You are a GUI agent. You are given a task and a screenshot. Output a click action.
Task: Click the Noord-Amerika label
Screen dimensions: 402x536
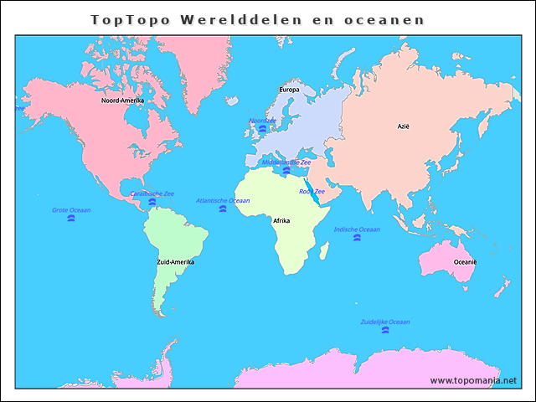coord(122,100)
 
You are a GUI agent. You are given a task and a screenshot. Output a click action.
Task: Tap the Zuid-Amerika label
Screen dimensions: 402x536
coord(175,262)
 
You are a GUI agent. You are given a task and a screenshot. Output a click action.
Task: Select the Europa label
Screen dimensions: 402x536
coord(289,89)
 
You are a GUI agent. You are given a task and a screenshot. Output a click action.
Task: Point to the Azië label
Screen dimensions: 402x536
coord(404,126)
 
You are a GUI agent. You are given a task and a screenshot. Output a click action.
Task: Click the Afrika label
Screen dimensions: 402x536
coord(281,220)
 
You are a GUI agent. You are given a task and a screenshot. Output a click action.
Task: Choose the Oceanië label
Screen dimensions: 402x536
coord(466,262)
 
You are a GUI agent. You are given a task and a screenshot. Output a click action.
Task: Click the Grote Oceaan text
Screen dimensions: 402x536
coord(71,210)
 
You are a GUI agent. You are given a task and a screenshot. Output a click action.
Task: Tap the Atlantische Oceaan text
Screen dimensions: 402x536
coord(223,201)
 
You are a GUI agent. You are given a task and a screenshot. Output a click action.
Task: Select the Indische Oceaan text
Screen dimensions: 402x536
coord(357,229)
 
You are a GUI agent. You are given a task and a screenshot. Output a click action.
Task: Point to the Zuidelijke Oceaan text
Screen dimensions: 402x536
coord(385,322)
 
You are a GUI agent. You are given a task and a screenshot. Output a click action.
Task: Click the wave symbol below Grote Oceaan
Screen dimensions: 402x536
coord(71,219)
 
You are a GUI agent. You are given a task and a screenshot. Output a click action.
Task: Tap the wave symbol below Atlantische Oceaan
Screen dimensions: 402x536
coord(223,209)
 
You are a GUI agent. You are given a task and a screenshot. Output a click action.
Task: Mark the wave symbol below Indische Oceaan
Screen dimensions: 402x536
coord(357,239)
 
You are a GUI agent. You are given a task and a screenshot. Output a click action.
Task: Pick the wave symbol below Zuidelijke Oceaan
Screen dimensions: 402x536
coord(385,331)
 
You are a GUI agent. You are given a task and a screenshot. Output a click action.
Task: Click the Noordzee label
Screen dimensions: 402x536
coord(262,121)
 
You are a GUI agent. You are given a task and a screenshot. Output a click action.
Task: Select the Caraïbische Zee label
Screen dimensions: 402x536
coord(152,193)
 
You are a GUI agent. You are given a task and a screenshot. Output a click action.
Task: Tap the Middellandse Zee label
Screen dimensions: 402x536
coord(286,162)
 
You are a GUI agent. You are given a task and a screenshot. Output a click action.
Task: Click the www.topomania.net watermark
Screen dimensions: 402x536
coord(473,380)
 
